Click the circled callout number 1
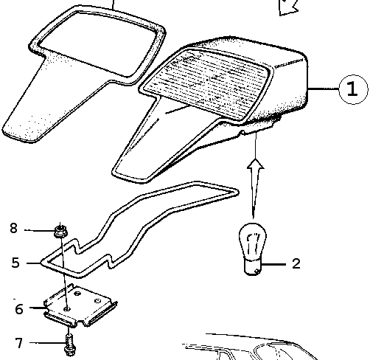353,89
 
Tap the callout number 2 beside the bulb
296,263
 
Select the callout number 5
15,263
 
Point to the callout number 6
19,309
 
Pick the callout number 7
19,343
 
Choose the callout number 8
14,228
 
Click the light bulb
253,249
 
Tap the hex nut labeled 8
60,232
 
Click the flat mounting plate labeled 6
80,305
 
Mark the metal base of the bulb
253,267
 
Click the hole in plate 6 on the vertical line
66,308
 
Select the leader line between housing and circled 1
323,89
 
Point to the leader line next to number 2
274,265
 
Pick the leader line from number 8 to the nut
39,231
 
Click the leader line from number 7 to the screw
47,343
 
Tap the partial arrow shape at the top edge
288,7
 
